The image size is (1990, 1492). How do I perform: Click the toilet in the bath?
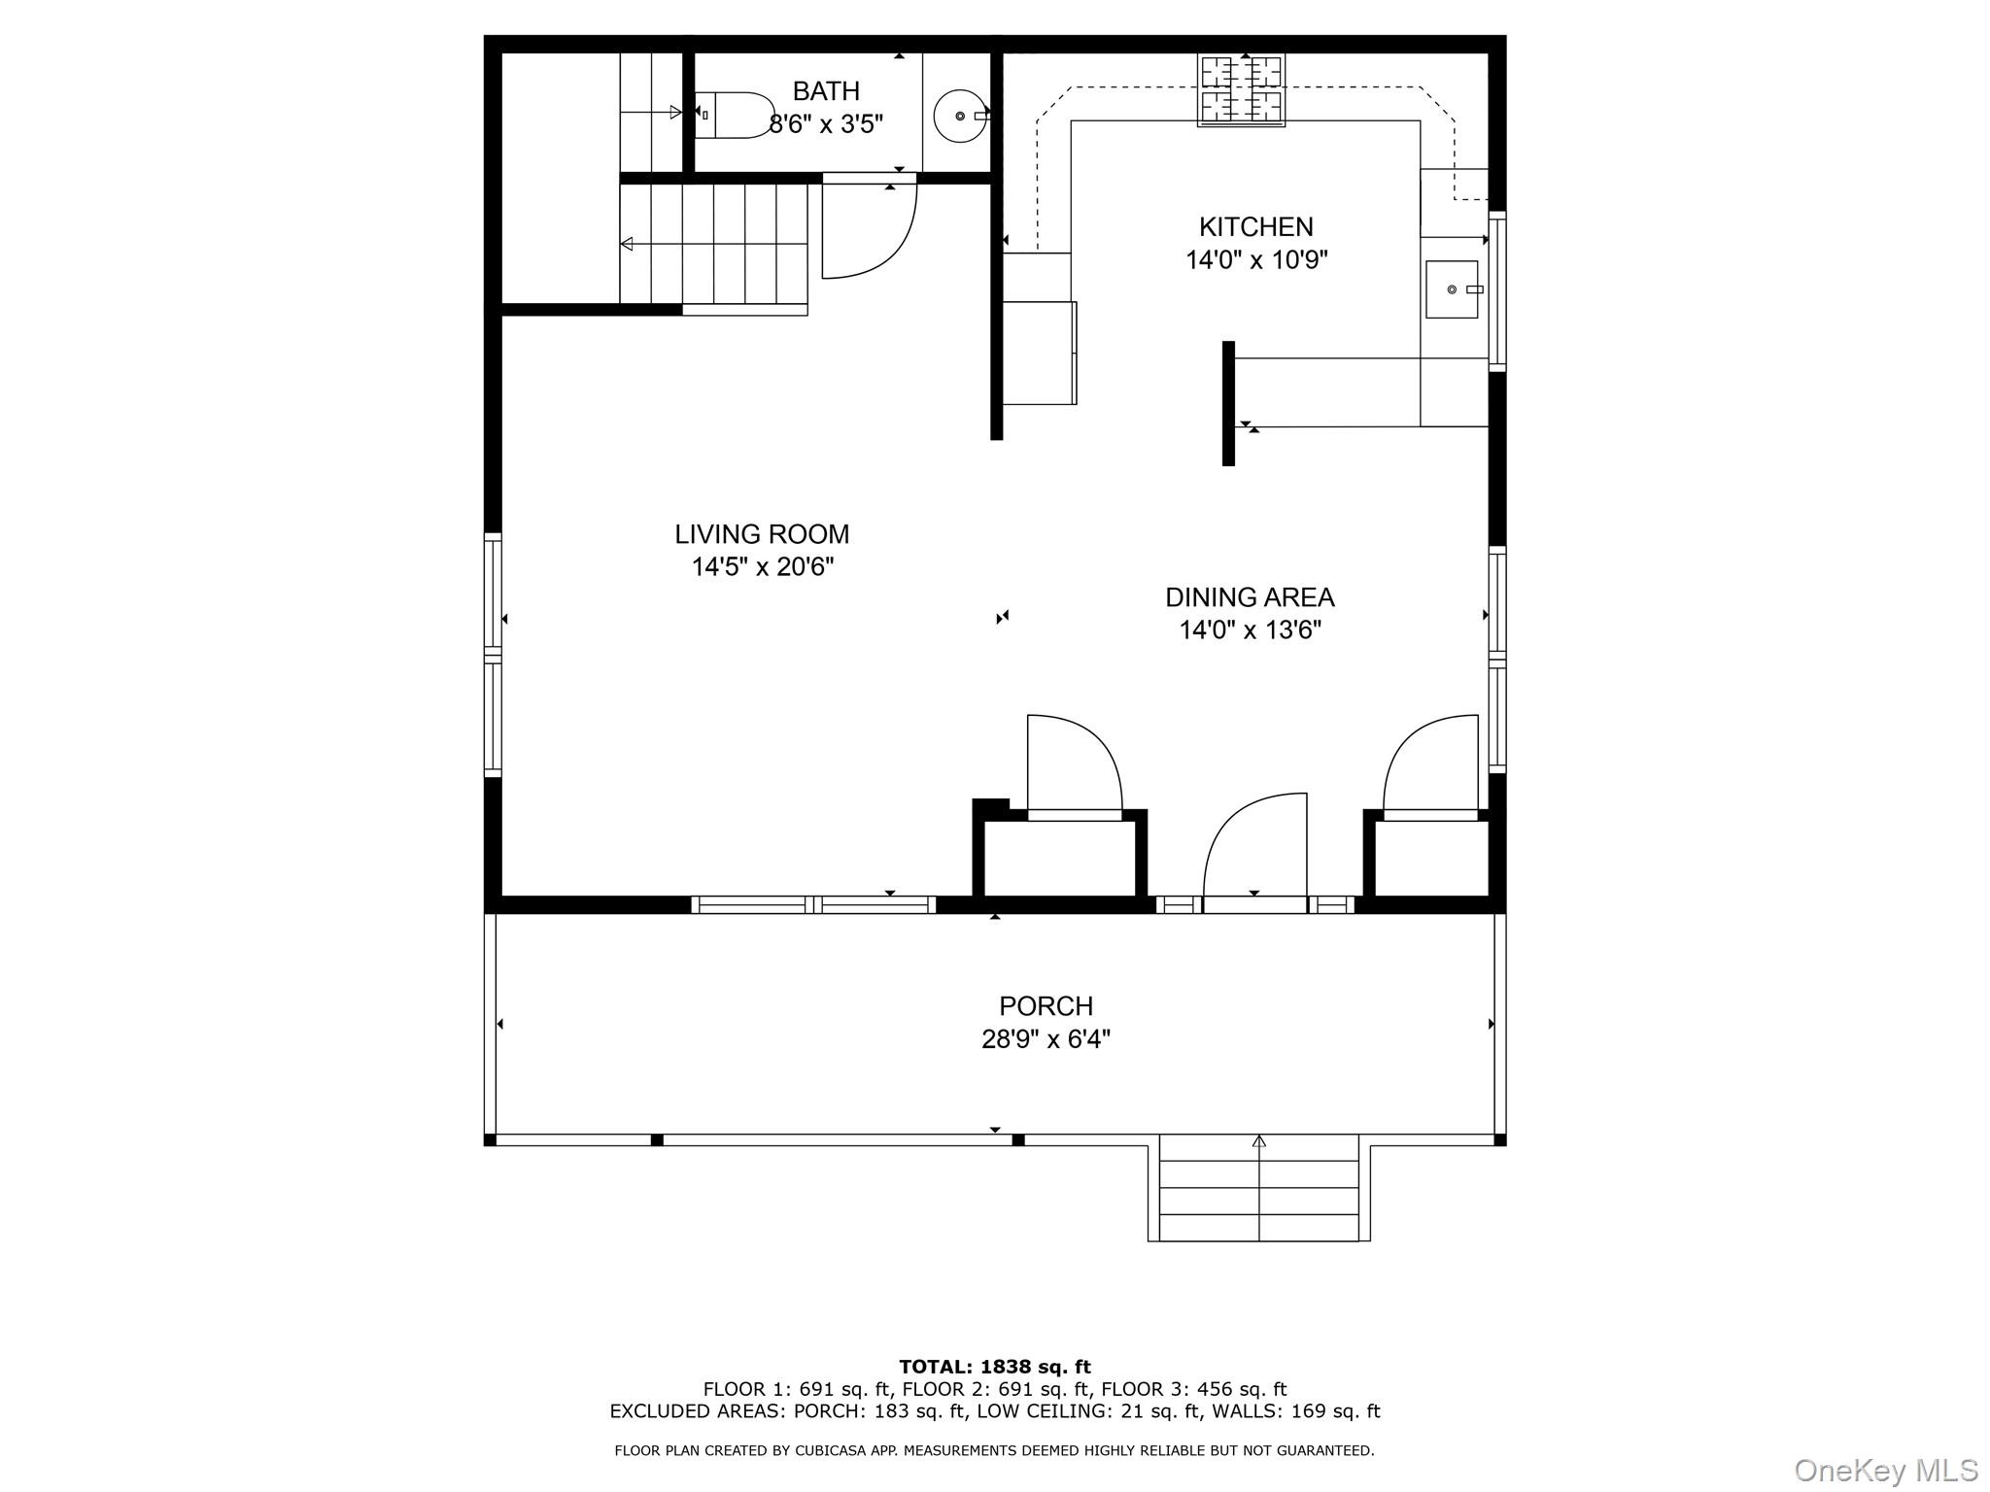pos(737,116)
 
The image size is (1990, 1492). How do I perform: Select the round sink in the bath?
pos(960,116)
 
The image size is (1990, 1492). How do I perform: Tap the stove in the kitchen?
pos(1241,89)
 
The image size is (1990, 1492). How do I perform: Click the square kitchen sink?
pos(1451,289)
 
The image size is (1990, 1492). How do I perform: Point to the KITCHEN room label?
pos(1255,227)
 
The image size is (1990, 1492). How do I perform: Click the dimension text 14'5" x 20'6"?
pos(763,567)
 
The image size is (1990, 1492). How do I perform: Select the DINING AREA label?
pos(1250,597)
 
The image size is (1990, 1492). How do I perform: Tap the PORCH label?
pos(1046,1006)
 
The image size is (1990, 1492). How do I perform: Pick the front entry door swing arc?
pos(1253,845)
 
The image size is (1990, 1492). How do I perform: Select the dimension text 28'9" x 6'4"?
pos(1046,1040)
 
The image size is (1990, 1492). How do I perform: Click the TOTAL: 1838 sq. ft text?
pos(994,1368)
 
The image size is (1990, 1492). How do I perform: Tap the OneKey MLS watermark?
pos(1886,1470)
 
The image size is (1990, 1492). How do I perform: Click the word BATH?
pos(826,91)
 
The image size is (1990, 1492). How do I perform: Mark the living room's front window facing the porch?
pos(813,905)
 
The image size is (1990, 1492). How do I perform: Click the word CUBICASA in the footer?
pos(829,1451)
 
